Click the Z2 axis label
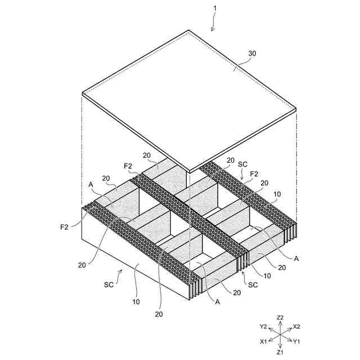click(x=280, y=318)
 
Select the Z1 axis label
click(x=280, y=352)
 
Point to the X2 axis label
click(x=297, y=326)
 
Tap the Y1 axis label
click(x=297, y=341)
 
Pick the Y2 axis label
click(x=263, y=326)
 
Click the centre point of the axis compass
click(x=280, y=334)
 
